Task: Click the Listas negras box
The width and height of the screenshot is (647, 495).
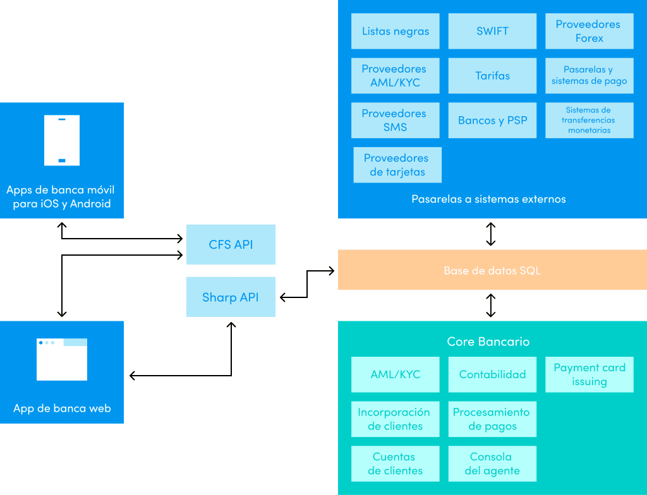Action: point(396,31)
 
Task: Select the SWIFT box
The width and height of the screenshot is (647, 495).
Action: point(492,31)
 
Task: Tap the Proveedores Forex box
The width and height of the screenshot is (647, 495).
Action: point(589,31)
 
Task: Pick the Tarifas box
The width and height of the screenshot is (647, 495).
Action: point(492,76)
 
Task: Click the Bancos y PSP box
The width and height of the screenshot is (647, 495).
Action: point(492,120)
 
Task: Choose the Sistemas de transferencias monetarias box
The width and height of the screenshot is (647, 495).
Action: point(589,120)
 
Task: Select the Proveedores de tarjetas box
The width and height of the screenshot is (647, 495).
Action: point(397,165)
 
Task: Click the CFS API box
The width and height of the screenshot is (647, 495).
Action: point(231,244)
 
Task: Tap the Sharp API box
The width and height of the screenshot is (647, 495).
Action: point(231,297)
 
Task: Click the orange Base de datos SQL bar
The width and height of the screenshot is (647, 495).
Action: point(492,270)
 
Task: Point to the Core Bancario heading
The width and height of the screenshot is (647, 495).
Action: point(488,342)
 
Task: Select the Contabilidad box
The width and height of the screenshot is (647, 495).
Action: point(492,374)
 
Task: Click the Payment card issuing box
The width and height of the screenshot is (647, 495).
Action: point(589,374)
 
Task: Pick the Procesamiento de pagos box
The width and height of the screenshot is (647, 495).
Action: point(492,419)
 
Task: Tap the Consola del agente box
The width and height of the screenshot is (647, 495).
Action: point(492,463)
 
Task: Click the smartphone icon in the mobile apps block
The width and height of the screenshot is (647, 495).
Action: point(62,140)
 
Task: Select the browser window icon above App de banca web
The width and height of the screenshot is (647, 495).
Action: point(62,359)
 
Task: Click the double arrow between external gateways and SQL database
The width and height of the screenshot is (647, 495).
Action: point(491,234)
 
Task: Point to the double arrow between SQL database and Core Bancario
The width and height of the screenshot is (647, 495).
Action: point(491,305)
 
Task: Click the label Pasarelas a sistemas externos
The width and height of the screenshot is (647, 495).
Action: point(488,199)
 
